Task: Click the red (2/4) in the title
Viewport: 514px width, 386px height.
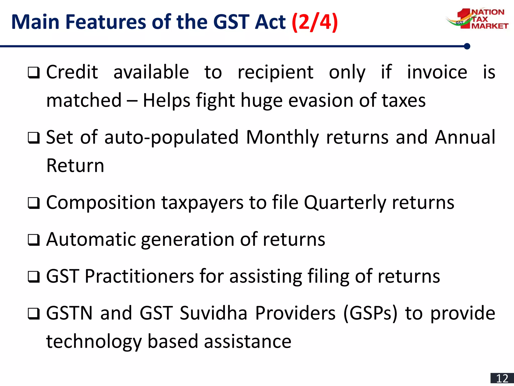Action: pos(315,22)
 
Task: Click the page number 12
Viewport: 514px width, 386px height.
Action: pos(502,378)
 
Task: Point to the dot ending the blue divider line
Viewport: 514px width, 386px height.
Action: pos(467,46)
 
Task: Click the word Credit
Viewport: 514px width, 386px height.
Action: pos(72,72)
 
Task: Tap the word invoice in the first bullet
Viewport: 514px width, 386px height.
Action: pos(437,72)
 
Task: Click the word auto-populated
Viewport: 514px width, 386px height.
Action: pos(171,137)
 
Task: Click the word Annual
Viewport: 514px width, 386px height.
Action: pos(465,137)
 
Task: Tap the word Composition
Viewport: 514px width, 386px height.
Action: pos(101,203)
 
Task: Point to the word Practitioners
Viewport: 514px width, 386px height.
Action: pos(139,276)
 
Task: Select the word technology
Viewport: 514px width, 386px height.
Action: pos(94,342)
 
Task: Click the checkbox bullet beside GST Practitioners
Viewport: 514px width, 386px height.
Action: pos(34,277)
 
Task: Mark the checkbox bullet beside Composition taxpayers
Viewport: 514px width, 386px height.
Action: pos(34,203)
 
